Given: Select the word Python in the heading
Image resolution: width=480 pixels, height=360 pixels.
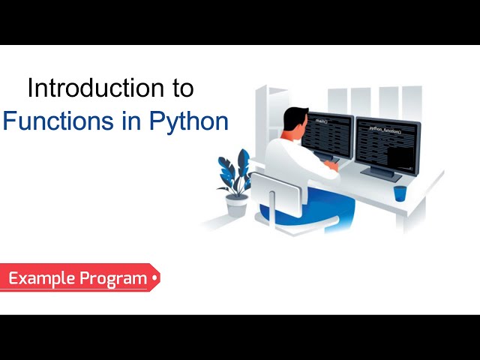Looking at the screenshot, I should (x=191, y=121).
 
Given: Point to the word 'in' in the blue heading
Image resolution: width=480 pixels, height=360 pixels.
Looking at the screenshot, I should (x=135, y=121).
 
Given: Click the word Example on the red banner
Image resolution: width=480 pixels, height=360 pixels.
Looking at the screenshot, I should (x=41, y=279).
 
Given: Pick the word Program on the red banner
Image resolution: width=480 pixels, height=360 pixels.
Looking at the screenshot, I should (x=113, y=279).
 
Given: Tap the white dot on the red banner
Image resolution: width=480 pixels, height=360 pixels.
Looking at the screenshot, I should (x=154, y=278).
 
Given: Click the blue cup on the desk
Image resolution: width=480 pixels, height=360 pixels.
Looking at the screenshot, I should (x=400, y=193).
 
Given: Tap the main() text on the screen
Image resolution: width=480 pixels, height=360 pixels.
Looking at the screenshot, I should (x=322, y=121).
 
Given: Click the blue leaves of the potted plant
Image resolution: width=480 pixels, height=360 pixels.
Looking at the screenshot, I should (x=233, y=173).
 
